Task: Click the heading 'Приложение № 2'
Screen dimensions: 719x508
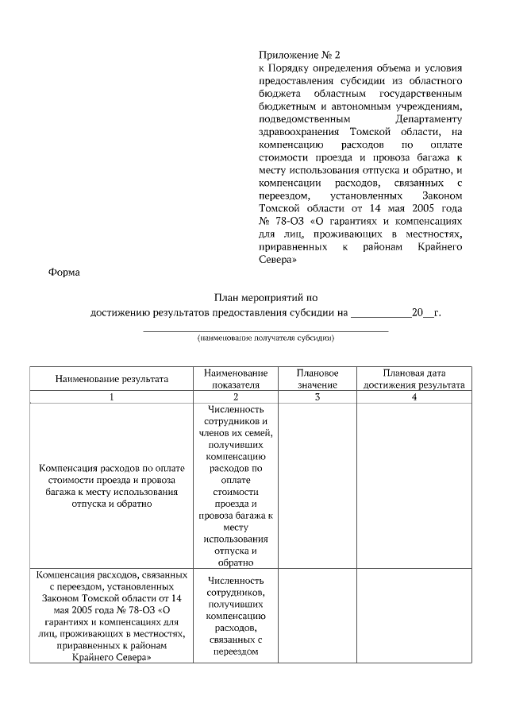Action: tap(298, 56)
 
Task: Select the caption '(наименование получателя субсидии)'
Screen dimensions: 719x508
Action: tap(266, 338)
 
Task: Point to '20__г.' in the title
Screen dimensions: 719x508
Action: tap(426, 312)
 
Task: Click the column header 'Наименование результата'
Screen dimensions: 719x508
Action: tap(112, 379)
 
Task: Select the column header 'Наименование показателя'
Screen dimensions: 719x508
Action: tap(236, 379)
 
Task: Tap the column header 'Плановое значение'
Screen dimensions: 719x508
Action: tap(317, 379)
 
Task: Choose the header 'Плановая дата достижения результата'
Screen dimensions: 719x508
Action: tap(414, 379)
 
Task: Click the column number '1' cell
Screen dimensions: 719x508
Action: tap(112, 396)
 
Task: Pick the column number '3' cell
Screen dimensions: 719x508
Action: tap(317, 396)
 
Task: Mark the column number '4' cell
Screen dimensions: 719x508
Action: tap(414, 396)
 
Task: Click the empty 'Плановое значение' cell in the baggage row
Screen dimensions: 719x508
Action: tap(317, 485)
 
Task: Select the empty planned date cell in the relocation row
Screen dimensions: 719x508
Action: tap(414, 615)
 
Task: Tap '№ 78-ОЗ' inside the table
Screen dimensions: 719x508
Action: tap(141, 609)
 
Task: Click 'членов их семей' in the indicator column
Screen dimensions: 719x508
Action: tap(236, 433)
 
